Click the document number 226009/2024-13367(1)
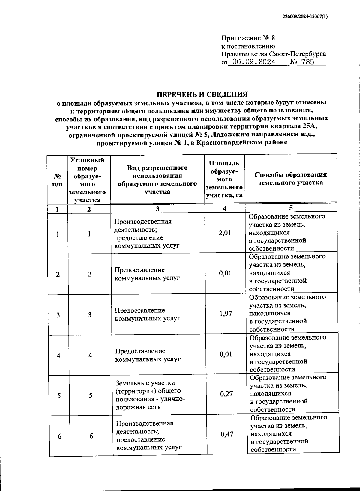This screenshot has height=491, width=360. pyautogui.click(x=305, y=17)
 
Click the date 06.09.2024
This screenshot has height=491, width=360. pyautogui.click(x=254, y=62)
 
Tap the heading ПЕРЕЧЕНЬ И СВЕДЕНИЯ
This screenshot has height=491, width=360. pyautogui.click(x=203, y=94)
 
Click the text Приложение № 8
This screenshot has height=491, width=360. pyautogui.click(x=248, y=38)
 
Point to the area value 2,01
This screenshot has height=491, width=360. pyautogui.click(x=225, y=233)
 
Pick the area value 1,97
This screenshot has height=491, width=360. pyautogui.click(x=226, y=314)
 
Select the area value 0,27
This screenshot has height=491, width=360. pyautogui.click(x=226, y=394)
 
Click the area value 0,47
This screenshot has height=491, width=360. pyautogui.click(x=227, y=434)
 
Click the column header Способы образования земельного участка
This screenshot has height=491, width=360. pyautogui.click(x=290, y=179)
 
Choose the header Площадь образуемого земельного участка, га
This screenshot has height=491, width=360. pyautogui.click(x=224, y=179)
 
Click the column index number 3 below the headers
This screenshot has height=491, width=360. pyautogui.click(x=157, y=209)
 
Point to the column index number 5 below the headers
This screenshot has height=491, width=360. pyautogui.click(x=291, y=208)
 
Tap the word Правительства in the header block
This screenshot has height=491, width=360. pyautogui.click(x=244, y=54)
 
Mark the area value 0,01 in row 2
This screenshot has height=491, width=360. pyautogui.click(x=225, y=273)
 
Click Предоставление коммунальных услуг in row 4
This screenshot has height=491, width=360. pyautogui.click(x=148, y=355)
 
